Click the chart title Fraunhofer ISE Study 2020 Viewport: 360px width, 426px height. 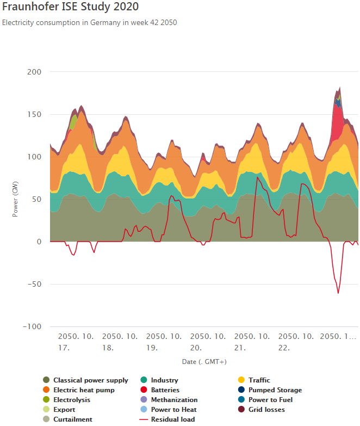(70, 7)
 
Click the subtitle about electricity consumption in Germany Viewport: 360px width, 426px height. (90, 23)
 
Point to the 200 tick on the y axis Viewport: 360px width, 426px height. (35, 72)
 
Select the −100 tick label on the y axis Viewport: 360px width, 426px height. (32, 326)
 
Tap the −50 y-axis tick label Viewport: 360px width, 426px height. (34, 284)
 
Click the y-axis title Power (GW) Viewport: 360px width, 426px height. (15, 199)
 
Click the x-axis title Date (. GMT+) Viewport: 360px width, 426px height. (204, 361)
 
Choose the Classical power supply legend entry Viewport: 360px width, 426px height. (90, 380)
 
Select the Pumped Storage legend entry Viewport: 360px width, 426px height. (275, 390)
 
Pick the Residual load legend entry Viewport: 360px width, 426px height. (172, 419)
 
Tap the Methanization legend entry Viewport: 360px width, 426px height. (174, 400)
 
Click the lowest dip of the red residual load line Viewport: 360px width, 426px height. (338, 293)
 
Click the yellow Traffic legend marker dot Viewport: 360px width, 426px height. (241, 380)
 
